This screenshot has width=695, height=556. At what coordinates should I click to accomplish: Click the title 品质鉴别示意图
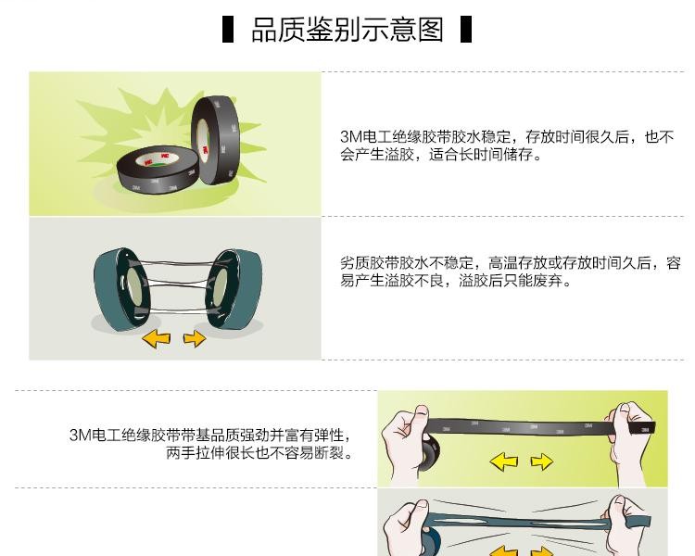(x=347, y=30)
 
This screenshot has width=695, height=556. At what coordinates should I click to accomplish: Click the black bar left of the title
(x=228, y=30)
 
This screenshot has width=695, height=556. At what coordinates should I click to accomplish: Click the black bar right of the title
(x=466, y=30)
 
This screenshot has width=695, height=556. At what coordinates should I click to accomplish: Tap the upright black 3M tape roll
(x=216, y=139)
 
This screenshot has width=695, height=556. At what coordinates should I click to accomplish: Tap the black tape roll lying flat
(x=158, y=170)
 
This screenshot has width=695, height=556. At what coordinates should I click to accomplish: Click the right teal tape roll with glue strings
(x=234, y=289)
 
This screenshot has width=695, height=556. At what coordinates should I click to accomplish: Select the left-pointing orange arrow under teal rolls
(x=156, y=340)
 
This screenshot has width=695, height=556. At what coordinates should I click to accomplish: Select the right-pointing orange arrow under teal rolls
(x=195, y=339)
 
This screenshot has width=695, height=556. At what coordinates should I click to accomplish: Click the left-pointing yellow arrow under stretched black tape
(x=504, y=461)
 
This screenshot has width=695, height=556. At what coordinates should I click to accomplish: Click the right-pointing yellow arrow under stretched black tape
(x=542, y=461)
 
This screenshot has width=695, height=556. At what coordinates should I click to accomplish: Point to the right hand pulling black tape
(x=628, y=443)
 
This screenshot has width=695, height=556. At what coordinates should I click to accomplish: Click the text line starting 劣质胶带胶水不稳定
(x=511, y=263)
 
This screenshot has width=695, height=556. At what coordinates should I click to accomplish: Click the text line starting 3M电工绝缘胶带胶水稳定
(x=507, y=136)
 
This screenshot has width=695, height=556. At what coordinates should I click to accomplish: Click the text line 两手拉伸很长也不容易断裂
(x=259, y=453)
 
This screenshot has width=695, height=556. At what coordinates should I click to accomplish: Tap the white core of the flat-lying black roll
(x=158, y=159)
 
